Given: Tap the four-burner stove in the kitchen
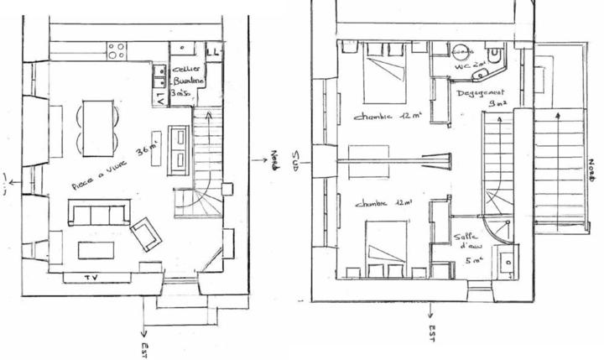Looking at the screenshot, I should (117, 50).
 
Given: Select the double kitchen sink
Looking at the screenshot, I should (159, 76).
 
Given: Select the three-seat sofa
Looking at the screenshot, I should (99, 213).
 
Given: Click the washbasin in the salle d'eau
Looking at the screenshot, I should (508, 265).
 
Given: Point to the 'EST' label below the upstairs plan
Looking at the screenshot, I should (431, 332).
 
